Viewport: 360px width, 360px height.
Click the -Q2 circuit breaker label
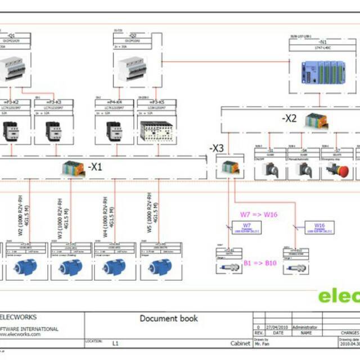coord(133,35)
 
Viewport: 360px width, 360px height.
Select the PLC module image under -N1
coord(319,72)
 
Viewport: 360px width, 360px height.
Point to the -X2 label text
coord(289,119)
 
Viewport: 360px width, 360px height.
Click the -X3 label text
coord(217,148)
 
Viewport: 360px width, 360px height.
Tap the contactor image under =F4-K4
coord(115,130)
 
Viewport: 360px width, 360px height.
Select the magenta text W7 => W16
coord(259,214)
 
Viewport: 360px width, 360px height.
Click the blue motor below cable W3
coord(71,267)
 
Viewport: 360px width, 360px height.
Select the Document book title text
coord(169,318)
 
